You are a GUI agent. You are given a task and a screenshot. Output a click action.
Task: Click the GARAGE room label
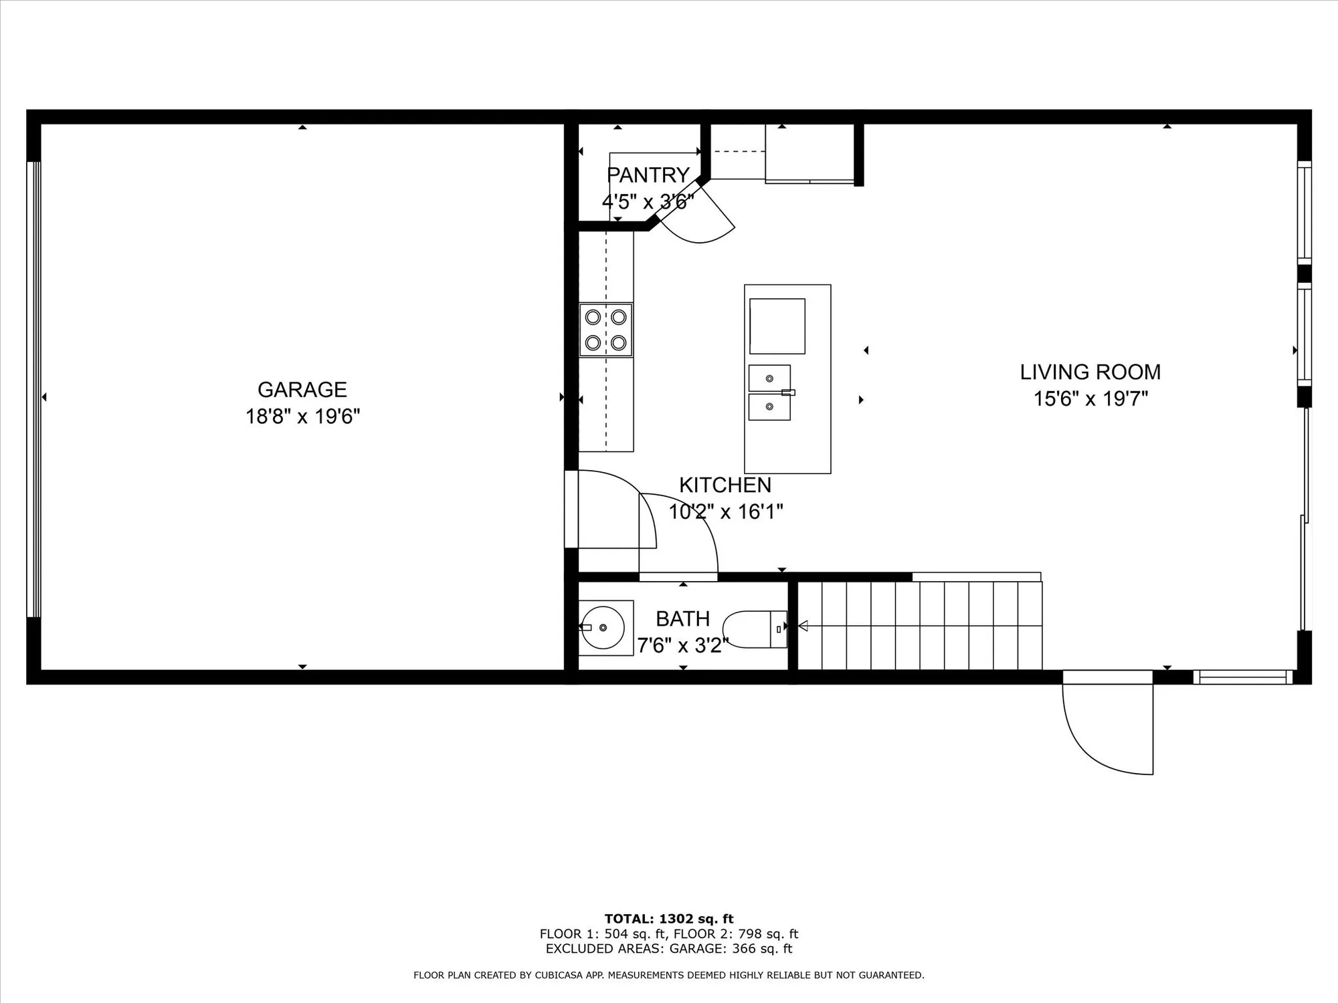coord(302,389)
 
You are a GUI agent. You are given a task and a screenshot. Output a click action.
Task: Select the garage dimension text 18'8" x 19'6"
coord(302,417)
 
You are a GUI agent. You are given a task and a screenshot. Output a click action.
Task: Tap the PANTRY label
coord(648,175)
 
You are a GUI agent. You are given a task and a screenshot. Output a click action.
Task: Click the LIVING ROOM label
coord(1090,372)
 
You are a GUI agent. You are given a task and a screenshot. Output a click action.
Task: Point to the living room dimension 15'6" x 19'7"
coord(1090,399)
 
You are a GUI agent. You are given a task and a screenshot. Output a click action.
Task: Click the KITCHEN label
coord(725,485)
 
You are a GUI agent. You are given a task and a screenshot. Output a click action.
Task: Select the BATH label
coord(682,619)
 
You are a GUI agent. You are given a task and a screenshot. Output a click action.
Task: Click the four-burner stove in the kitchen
coord(605,330)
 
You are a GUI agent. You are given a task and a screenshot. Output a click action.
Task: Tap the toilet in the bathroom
coord(755,629)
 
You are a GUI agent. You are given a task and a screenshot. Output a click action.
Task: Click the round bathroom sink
coord(602,627)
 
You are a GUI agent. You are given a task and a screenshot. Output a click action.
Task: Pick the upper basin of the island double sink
coord(769,378)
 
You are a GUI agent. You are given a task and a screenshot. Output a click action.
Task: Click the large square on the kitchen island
coord(777,326)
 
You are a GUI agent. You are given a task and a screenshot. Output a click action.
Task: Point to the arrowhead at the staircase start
coord(803,626)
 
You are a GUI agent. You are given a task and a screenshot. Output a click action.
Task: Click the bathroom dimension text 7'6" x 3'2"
coord(682,646)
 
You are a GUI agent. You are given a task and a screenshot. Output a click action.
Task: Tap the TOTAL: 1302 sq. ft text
coord(669,919)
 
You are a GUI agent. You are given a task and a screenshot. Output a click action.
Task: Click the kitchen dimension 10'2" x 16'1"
coord(726,512)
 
